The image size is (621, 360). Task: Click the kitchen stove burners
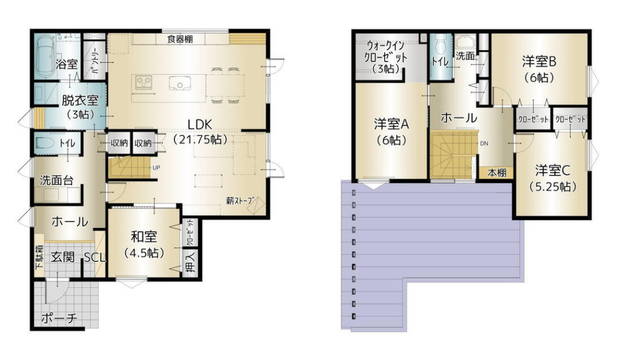click(143, 82)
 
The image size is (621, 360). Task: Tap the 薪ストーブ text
click(239, 200)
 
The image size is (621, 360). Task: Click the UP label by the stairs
click(156, 167)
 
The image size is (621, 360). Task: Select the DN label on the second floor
click(484, 144)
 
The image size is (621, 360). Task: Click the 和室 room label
click(144, 237)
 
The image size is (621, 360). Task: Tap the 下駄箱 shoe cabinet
click(39, 261)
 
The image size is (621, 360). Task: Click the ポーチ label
click(59, 317)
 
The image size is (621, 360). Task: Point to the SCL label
click(95, 258)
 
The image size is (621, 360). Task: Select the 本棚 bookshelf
click(496, 173)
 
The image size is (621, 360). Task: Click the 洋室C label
click(552, 171)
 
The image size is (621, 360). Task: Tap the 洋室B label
click(539, 62)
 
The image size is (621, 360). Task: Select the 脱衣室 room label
click(80, 100)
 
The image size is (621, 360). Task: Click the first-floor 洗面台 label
click(57, 181)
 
